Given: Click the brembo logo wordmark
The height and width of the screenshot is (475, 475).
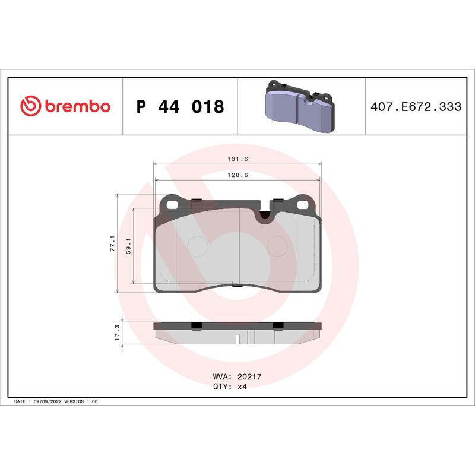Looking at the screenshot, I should pyautogui.click(x=77, y=106).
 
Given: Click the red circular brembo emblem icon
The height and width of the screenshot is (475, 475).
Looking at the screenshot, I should pyautogui.click(x=30, y=106).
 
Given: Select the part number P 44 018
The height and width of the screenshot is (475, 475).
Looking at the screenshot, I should pyautogui.click(x=180, y=107).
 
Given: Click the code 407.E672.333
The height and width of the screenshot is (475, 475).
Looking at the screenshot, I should pyautogui.click(x=416, y=107).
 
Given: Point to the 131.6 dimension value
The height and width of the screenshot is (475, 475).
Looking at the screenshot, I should pyautogui.click(x=237, y=159).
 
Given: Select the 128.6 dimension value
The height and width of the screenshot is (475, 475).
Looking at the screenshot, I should pyautogui.click(x=237, y=175).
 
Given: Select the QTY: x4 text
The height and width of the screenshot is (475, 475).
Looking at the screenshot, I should pyautogui.click(x=229, y=386).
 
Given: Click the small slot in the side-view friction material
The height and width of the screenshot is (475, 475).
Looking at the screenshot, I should pyautogui.click(x=237, y=340).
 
